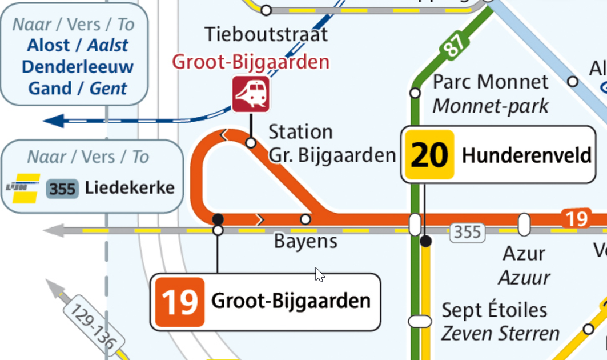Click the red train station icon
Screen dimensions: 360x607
(x=251, y=94)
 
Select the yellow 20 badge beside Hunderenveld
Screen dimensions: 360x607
(x=428, y=155)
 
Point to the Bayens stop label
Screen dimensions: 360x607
(x=305, y=241)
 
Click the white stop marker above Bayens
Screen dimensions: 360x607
(x=305, y=219)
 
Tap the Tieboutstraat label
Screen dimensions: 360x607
(x=267, y=34)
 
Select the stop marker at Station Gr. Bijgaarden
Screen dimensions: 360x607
(x=251, y=142)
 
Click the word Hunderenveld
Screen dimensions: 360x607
(x=526, y=155)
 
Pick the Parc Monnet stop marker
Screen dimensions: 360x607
(x=415, y=93)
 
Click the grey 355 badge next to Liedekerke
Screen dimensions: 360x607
(x=62, y=189)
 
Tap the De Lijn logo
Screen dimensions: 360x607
(x=22, y=188)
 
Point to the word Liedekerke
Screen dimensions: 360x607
(x=130, y=187)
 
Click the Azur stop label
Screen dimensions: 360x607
(x=524, y=253)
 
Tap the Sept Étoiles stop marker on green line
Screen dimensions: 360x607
(x=420, y=321)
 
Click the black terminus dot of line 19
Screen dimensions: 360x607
(x=218, y=219)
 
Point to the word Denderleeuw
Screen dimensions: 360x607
(x=78, y=67)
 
